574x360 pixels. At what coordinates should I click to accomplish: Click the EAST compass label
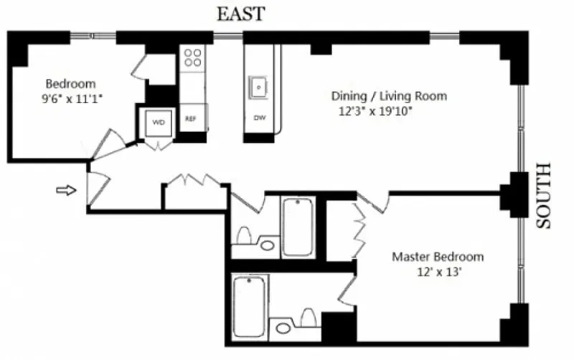click(x=241, y=14)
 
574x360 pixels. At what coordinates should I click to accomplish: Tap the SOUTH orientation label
click(x=543, y=196)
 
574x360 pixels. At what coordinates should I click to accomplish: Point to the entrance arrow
click(x=66, y=190)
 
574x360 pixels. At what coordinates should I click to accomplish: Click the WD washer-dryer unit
click(x=159, y=123)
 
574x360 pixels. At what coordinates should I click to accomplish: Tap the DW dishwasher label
click(x=260, y=118)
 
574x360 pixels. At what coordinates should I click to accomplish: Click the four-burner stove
click(x=192, y=58)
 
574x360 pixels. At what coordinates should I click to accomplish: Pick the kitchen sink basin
click(x=259, y=87)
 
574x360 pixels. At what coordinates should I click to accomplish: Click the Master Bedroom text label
click(x=438, y=257)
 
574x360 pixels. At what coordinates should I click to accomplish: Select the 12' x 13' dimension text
click(x=438, y=273)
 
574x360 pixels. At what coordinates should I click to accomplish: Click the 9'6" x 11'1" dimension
click(x=72, y=99)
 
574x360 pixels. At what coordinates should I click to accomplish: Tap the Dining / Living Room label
click(x=389, y=96)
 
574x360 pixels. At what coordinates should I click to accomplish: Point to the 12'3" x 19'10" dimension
click(x=375, y=111)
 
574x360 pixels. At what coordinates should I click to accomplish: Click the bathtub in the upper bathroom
click(x=298, y=227)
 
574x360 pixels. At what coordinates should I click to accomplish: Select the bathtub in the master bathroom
click(x=249, y=307)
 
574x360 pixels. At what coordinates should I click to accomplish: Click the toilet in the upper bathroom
click(x=244, y=236)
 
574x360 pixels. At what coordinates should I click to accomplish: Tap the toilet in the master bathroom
click(x=309, y=318)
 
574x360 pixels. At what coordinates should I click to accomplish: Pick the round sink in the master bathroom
click(x=283, y=328)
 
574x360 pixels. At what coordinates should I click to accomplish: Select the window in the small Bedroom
click(x=93, y=35)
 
